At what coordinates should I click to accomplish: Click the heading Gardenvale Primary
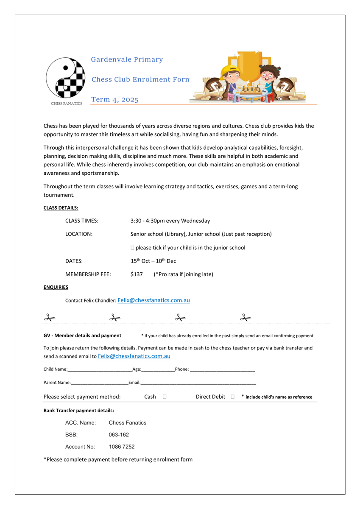coord(127,60)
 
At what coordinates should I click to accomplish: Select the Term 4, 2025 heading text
coord(115,100)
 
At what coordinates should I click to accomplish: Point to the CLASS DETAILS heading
coord(61,208)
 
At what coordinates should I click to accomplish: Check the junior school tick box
coord(133,248)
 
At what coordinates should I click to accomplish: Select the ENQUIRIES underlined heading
coord(56,287)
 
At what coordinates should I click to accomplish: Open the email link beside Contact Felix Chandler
coord(153,300)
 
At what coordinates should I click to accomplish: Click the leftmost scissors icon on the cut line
coord(50,317)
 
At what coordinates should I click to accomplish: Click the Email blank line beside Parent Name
coord(198,383)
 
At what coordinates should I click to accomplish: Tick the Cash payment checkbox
coord(165,397)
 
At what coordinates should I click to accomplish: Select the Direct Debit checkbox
coord(233,397)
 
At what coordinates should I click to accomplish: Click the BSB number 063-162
coord(119,435)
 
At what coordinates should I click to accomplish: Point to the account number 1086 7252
coord(122,447)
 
